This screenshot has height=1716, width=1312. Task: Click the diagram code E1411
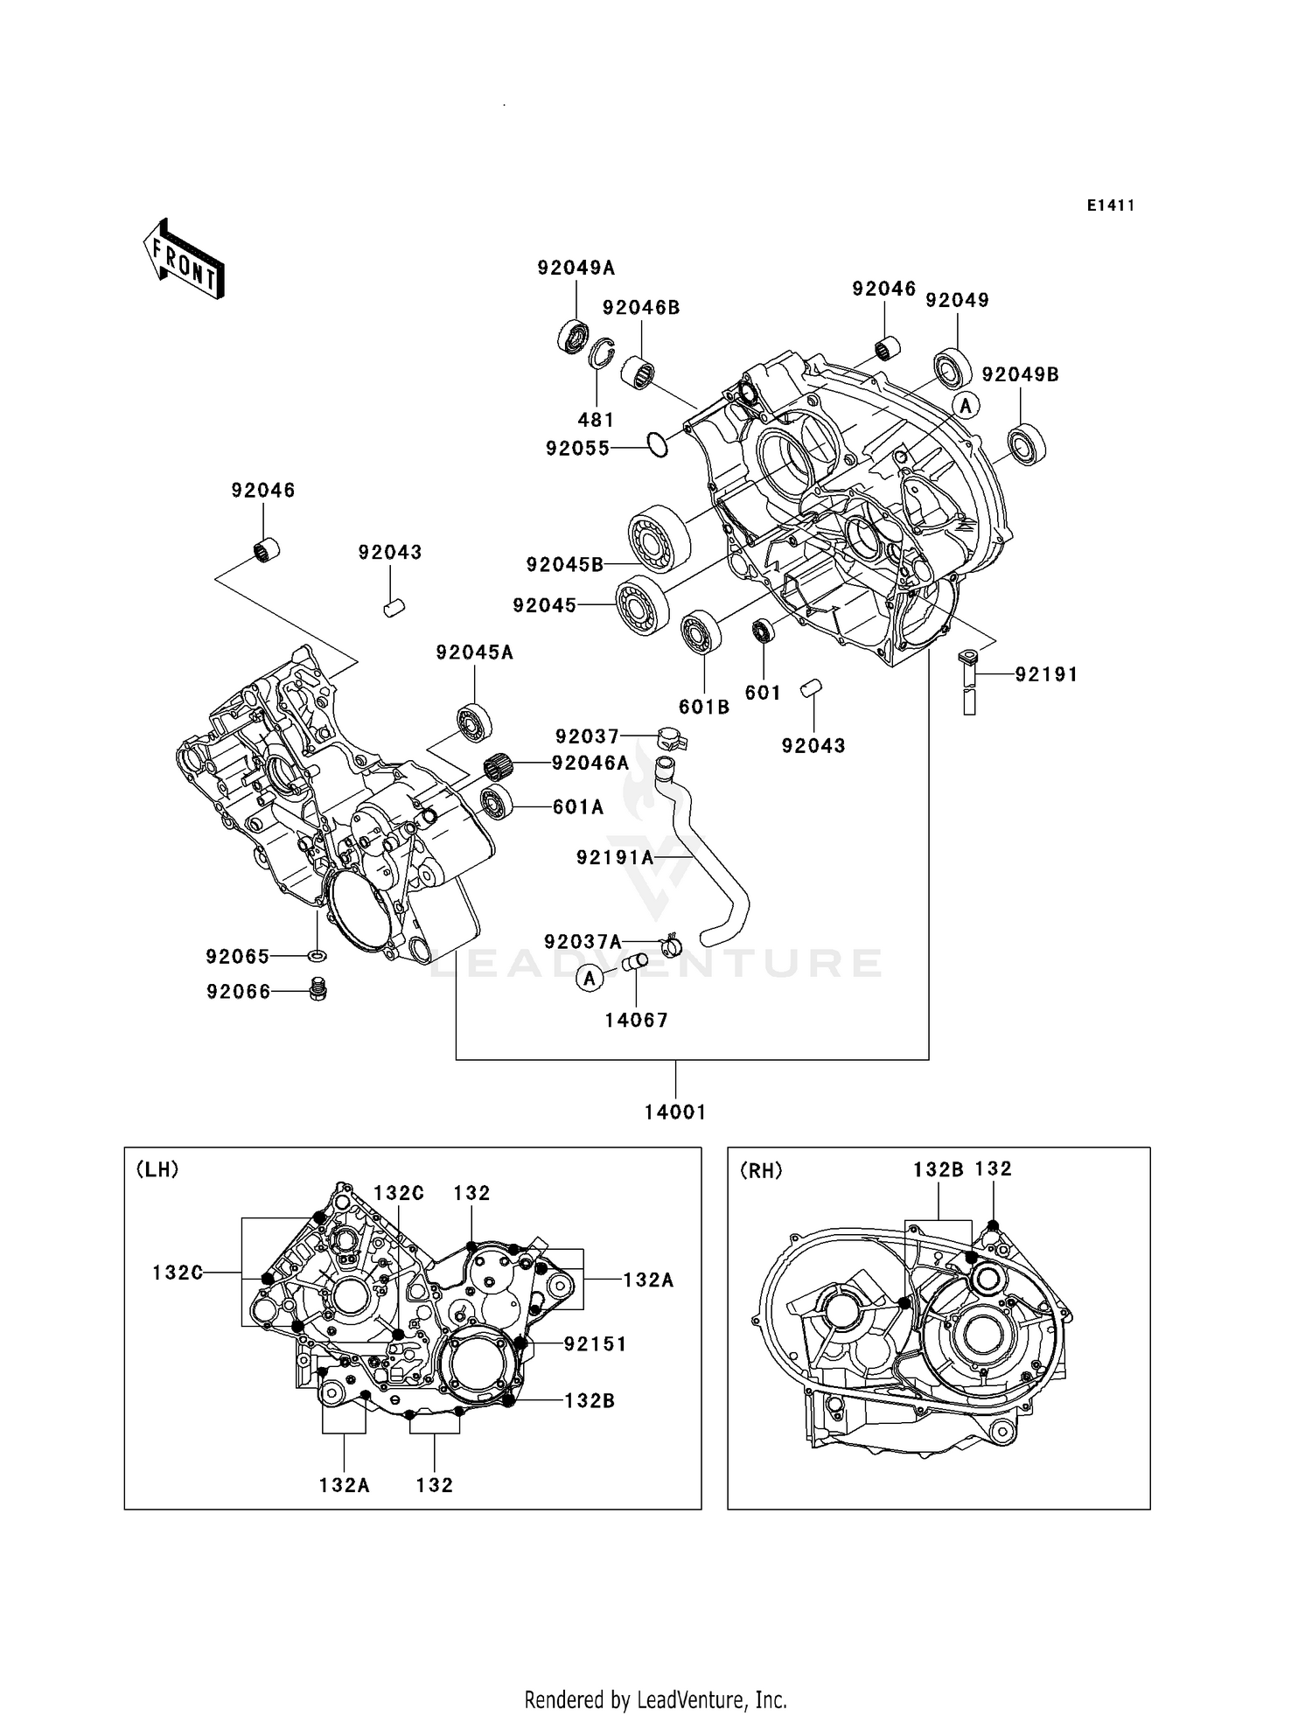coord(1111,206)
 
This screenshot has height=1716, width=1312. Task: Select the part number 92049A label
coord(576,268)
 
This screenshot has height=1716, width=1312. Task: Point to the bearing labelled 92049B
coord(1026,443)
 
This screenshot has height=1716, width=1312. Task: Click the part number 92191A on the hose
coord(615,858)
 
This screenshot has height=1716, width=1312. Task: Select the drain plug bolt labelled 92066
coord(318,989)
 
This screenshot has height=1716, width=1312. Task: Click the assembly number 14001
coord(675,1112)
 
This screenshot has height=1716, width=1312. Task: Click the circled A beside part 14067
coord(590,978)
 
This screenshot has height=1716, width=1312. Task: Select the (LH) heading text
coord(157,1169)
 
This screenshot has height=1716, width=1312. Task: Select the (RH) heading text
coord(761,1170)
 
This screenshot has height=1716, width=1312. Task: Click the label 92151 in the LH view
coord(595,1343)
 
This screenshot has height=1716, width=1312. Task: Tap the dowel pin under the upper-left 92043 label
coord(394,607)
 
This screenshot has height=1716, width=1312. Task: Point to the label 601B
coord(704,707)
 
